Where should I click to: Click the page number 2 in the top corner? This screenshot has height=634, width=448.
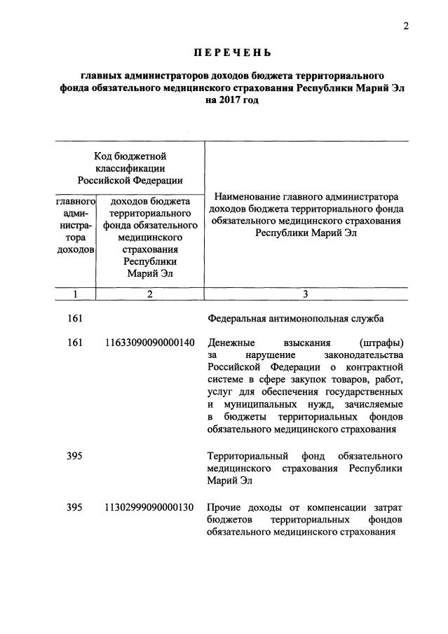point(405,27)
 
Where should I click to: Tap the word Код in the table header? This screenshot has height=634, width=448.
point(104,156)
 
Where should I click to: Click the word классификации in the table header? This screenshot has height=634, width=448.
point(130,168)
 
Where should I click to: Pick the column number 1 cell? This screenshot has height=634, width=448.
point(74,294)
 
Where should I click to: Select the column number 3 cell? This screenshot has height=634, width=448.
point(306,294)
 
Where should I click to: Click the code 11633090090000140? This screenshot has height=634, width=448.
point(149,343)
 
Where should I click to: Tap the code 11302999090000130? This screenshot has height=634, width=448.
point(149,507)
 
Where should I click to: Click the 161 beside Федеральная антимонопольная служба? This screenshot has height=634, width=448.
point(75,319)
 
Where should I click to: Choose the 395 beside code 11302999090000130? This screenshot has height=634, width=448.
point(75,507)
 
